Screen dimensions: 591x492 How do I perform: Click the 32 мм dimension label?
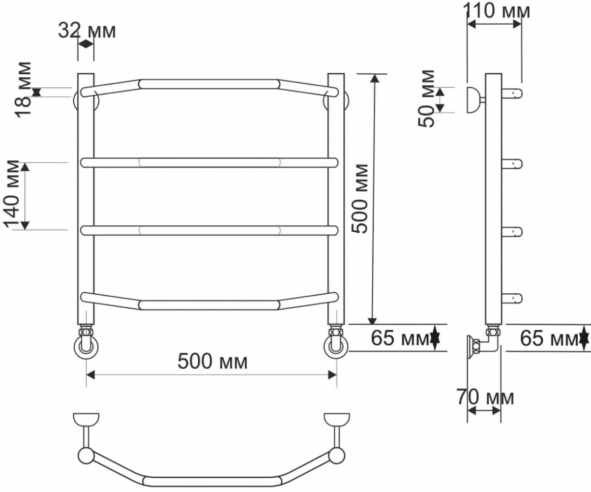point(87,31)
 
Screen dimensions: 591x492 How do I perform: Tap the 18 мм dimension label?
point(24,89)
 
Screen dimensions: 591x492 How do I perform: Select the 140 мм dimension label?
point(12,194)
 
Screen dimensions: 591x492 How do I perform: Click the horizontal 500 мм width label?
point(212,362)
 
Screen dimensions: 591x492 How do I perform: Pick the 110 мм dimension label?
point(497,11)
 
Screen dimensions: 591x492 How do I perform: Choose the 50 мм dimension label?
point(426,98)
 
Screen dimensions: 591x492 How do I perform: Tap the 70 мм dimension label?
point(485,398)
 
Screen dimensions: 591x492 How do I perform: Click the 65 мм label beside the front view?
point(400,338)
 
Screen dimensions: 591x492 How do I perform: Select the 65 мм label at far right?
point(549,338)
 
